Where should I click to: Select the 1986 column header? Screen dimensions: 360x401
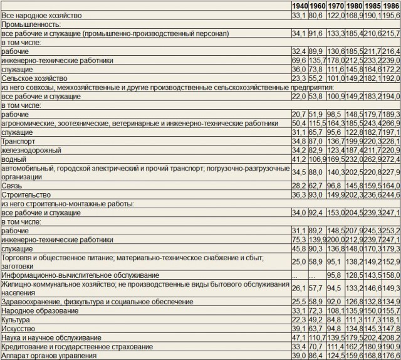coord(390,6)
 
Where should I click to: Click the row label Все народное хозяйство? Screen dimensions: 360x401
coord(41,14)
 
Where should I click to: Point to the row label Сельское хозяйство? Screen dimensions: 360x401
coord(34,79)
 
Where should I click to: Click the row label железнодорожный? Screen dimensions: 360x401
coord(31,151)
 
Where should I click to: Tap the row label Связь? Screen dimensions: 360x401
coord(13,186)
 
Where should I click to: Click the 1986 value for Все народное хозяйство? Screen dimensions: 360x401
coord(390,14)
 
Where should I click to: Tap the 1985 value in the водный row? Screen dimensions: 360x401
coord(373,159)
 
